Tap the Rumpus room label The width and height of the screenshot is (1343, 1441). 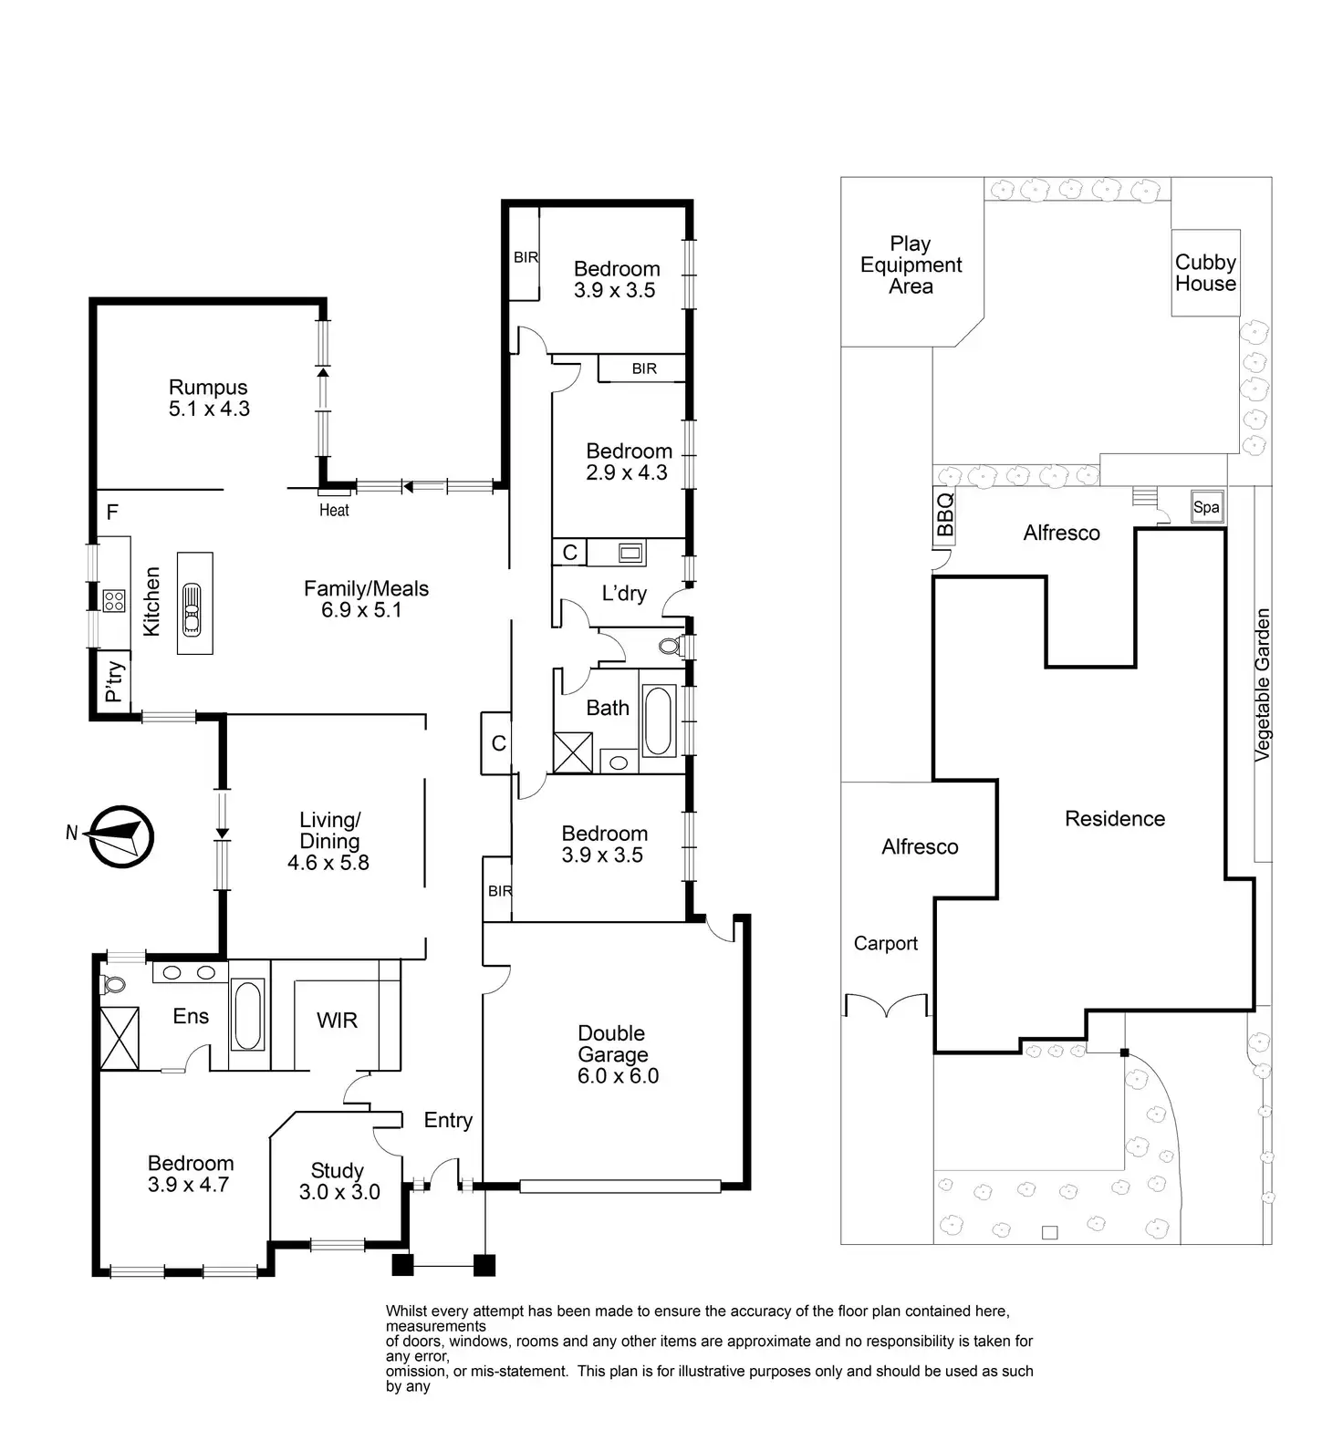[x=209, y=399]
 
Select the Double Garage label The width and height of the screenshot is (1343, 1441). [x=617, y=1054]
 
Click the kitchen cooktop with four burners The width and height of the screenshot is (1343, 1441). [x=114, y=600]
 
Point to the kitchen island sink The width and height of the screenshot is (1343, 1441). [x=193, y=608]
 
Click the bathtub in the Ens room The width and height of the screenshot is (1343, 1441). [x=248, y=1014]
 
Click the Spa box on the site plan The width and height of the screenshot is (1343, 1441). [x=1206, y=508]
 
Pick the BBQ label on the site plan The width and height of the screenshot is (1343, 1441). [x=945, y=514]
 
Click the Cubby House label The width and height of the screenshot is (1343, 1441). [x=1205, y=273]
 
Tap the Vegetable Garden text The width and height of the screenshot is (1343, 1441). [x=1262, y=685]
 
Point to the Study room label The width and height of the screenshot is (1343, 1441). [x=338, y=1181]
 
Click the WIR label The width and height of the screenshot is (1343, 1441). [x=337, y=1021]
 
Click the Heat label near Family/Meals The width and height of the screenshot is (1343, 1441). [x=334, y=510]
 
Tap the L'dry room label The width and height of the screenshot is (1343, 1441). [x=624, y=594]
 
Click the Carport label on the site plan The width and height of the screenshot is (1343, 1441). [x=885, y=943]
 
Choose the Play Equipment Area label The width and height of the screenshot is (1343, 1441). [x=911, y=264]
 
